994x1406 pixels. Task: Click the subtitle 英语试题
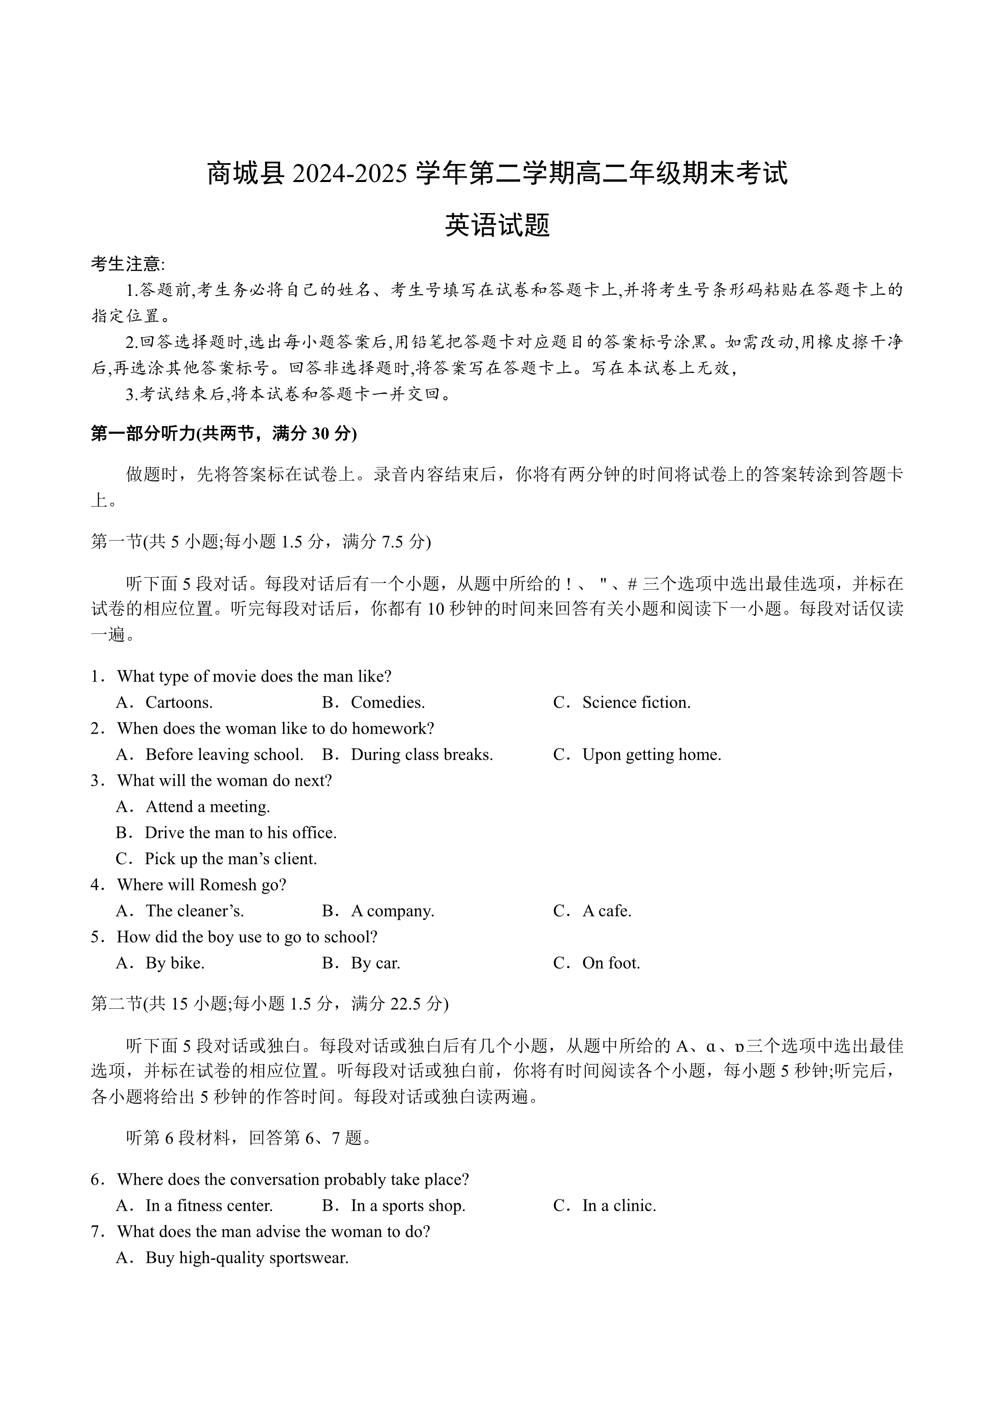pyautogui.click(x=497, y=225)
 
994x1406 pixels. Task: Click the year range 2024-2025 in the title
pyautogui.click(x=350, y=174)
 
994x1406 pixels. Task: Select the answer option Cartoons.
pyautogui.click(x=179, y=702)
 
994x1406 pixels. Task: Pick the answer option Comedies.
pyautogui.click(x=388, y=702)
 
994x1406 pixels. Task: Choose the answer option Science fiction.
pyautogui.click(x=636, y=702)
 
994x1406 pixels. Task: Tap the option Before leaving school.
pyautogui.click(x=224, y=755)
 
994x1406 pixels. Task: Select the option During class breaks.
pyautogui.click(x=422, y=755)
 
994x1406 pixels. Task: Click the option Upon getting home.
pyautogui.click(x=651, y=755)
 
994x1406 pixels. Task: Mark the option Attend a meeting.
pyautogui.click(x=208, y=807)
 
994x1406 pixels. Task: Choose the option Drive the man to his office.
pyautogui.click(x=240, y=833)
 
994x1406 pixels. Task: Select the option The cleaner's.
pyautogui.click(x=195, y=911)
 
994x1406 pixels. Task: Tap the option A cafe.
pyautogui.click(x=606, y=911)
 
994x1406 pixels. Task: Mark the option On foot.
pyautogui.click(x=611, y=963)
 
